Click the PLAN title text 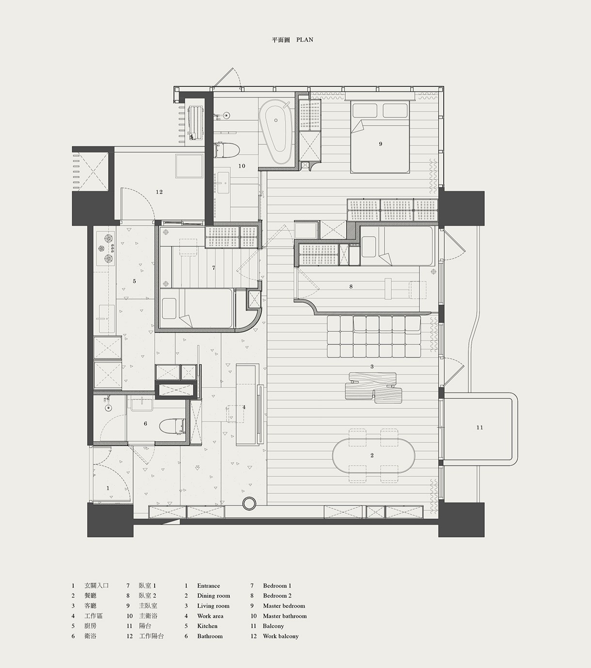click(304, 40)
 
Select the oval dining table click(373, 456)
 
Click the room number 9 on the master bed click(381, 144)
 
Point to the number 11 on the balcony click(479, 428)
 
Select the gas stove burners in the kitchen click(106, 249)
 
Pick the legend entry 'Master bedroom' click(284, 606)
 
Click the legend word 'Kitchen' click(208, 626)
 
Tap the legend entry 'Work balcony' click(281, 636)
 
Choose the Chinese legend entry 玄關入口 click(96, 586)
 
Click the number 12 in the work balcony click(159, 192)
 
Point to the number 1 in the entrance click(108, 489)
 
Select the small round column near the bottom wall click(249, 503)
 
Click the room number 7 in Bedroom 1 click(214, 268)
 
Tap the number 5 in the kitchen click(134, 281)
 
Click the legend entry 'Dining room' click(214, 596)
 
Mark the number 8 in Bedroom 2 click(351, 287)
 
